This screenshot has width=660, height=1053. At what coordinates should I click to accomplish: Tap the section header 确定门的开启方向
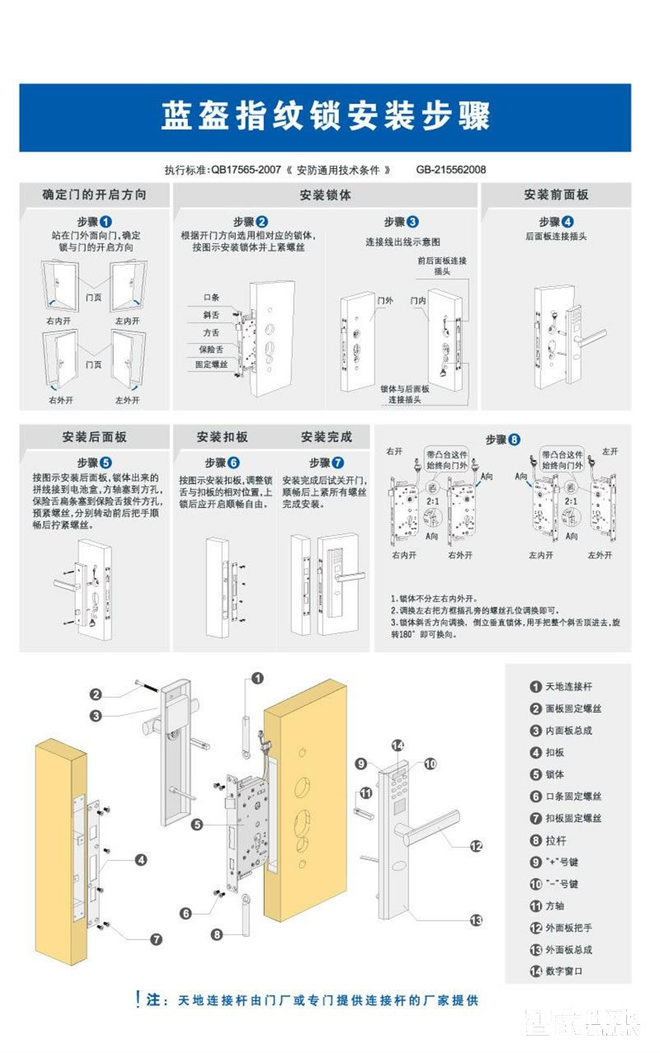click(x=94, y=195)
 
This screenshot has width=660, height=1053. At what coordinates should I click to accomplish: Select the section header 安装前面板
click(x=555, y=195)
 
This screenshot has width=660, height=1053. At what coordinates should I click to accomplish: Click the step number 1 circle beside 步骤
click(x=106, y=222)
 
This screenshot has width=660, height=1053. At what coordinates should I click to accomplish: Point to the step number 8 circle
click(x=514, y=440)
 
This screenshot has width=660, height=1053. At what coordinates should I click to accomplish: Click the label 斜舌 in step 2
click(x=211, y=315)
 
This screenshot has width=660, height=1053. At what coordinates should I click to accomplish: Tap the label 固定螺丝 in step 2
click(x=210, y=364)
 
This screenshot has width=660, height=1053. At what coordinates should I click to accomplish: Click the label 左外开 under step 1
click(x=127, y=400)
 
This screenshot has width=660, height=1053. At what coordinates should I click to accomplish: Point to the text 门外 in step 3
click(x=384, y=301)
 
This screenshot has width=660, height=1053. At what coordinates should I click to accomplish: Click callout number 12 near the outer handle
click(x=475, y=845)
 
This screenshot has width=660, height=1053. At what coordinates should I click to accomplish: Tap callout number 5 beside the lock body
click(x=196, y=824)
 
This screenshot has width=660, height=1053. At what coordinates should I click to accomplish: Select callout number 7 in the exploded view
click(x=156, y=939)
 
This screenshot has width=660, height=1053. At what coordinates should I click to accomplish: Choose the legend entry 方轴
click(x=557, y=905)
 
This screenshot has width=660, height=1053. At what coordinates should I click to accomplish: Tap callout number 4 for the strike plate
click(x=141, y=860)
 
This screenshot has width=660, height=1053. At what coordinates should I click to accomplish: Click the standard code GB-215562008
click(x=450, y=170)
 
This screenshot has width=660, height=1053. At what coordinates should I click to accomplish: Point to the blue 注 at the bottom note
click(x=153, y=1000)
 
